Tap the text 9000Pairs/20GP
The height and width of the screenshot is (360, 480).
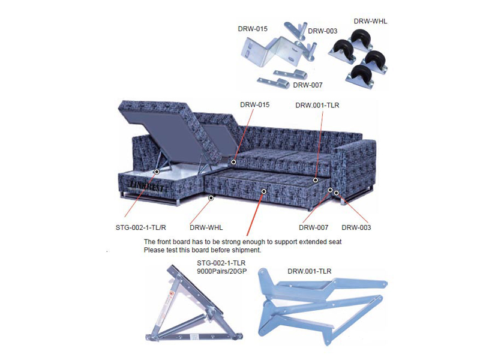(225, 271)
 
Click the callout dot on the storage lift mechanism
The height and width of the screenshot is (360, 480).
(155, 172)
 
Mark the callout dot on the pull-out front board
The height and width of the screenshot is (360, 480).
(263, 191)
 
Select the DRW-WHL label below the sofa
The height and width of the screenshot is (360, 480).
(206, 227)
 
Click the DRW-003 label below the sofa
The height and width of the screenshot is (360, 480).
(356, 227)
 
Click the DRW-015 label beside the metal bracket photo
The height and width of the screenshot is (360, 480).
(253, 28)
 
